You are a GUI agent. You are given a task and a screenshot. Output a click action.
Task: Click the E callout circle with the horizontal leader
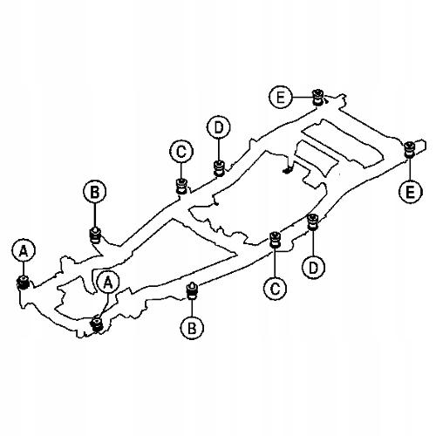[x=281, y=97]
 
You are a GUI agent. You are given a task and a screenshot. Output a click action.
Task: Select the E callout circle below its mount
[x=410, y=192]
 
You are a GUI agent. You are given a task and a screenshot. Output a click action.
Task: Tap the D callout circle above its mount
[x=219, y=127]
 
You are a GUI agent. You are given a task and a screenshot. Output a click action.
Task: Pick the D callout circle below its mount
[x=313, y=268]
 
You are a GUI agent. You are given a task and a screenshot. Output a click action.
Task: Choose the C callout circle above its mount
[x=181, y=152]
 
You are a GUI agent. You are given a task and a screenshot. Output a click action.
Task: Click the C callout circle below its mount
[x=275, y=289]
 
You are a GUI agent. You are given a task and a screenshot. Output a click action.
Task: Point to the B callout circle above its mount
[x=95, y=192]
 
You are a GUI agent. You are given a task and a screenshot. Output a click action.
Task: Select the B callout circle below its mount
[x=192, y=328]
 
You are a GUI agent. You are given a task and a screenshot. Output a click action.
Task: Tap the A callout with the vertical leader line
[x=24, y=250]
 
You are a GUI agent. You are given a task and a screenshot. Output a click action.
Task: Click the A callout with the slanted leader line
[x=108, y=283]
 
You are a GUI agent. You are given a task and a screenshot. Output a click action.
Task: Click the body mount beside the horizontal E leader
[x=317, y=98]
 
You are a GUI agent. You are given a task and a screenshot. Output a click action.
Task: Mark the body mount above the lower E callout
[x=410, y=149]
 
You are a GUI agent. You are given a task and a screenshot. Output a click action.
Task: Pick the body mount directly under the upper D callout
[x=220, y=168]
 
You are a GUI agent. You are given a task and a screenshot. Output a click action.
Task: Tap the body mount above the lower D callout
[x=313, y=221]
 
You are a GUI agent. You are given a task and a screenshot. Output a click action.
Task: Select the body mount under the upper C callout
[x=182, y=186]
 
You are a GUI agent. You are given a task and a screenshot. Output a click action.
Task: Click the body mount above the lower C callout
[x=275, y=240]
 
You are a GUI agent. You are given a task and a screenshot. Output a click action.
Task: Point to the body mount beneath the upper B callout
[x=95, y=235]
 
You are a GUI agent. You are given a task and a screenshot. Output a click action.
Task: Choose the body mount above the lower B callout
[x=192, y=290]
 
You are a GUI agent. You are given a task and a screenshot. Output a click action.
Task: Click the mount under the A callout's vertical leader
[x=23, y=283]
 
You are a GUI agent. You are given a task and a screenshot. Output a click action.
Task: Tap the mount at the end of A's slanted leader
[x=97, y=324]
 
